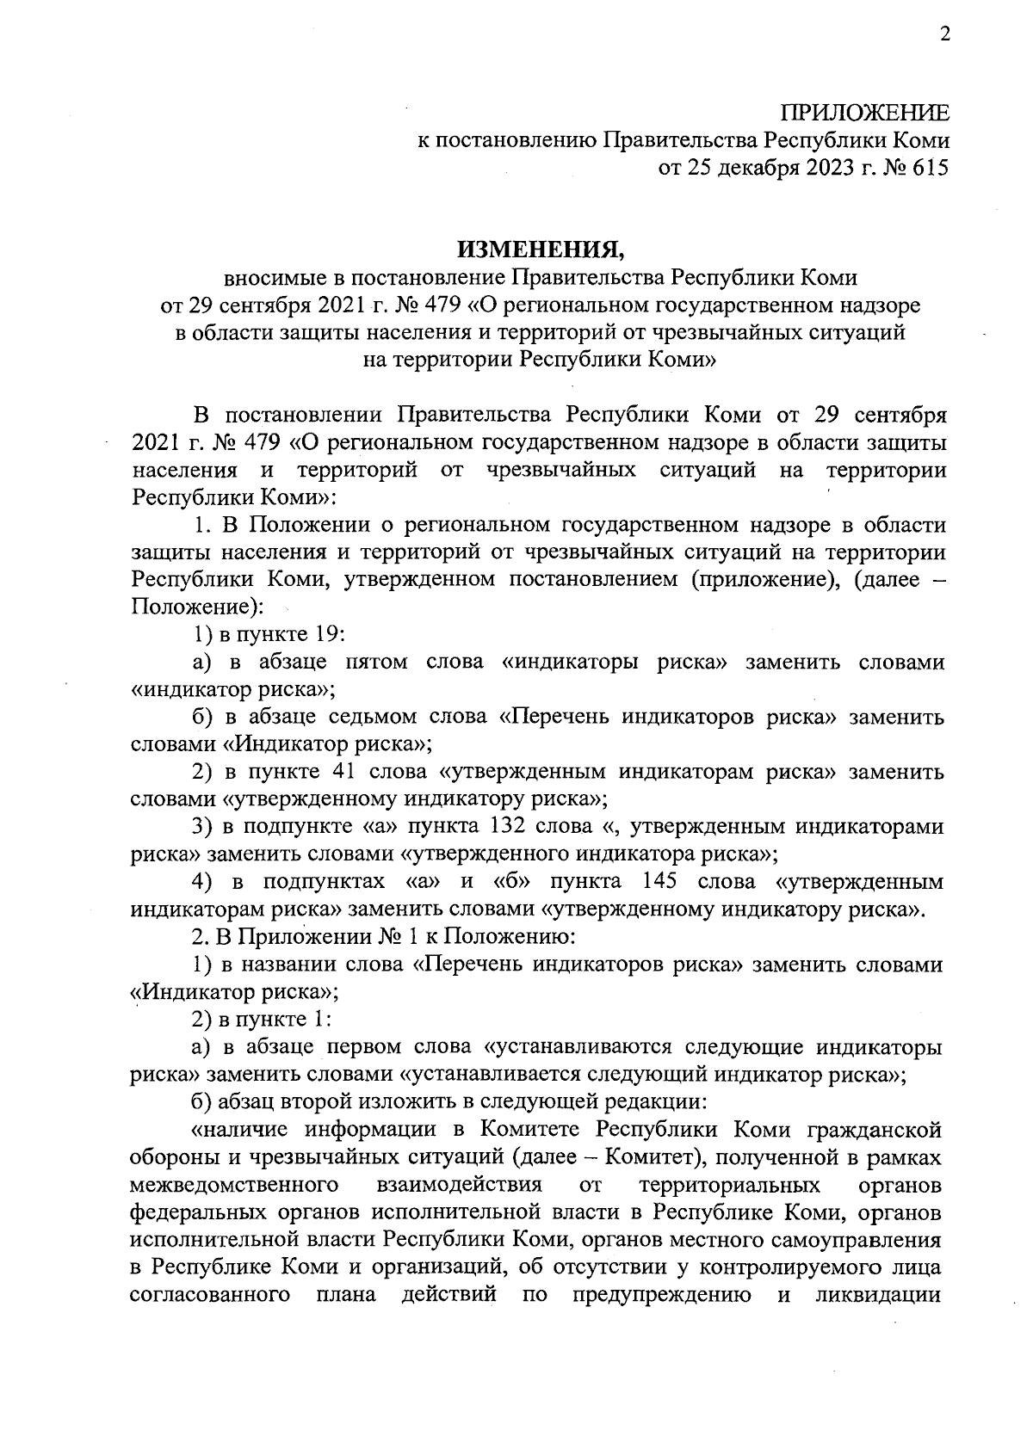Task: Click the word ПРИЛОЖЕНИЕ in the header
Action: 865,114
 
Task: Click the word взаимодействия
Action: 460,1185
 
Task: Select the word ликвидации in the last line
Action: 879,1295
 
